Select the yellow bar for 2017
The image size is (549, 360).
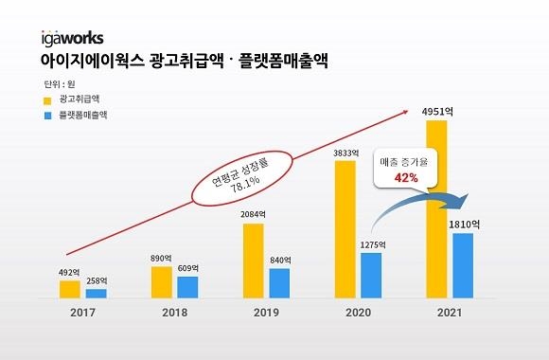[x=70, y=289]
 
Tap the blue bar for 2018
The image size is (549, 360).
[x=187, y=287]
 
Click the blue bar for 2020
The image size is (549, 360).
[x=371, y=275]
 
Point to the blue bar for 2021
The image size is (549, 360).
[x=462, y=265]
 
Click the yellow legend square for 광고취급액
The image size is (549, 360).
[x=47, y=99]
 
